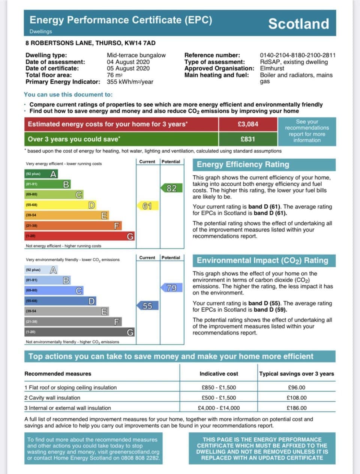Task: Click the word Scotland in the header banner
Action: (298, 24)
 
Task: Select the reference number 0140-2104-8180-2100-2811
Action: (298, 55)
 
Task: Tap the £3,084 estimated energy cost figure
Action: (248, 124)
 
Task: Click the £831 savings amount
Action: (248, 139)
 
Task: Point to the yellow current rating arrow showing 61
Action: (147, 206)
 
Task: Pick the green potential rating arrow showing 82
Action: (171, 188)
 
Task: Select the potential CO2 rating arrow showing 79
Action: (171, 288)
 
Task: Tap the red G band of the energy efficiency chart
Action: (79, 236)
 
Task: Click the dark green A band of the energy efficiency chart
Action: (41, 174)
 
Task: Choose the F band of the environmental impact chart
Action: (73, 322)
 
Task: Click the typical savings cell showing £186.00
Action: (296, 408)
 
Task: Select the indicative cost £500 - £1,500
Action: (219, 398)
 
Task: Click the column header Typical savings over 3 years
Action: (296, 374)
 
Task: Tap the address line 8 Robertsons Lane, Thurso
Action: (90, 43)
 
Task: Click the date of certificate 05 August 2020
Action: (128, 69)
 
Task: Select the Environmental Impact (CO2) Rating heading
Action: (262, 261)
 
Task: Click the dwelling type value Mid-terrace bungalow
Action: (136, 55)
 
